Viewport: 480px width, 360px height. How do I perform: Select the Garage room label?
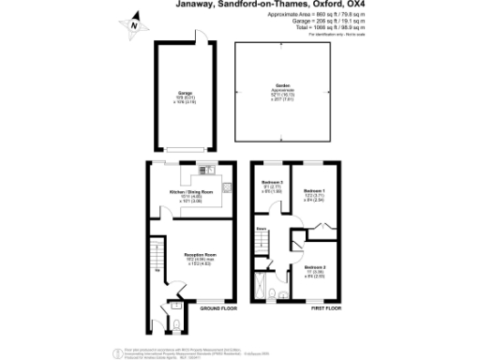point(185,94)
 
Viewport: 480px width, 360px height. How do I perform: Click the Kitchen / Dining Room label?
point(191,191)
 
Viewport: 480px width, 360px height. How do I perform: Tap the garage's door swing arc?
point(202,37)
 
